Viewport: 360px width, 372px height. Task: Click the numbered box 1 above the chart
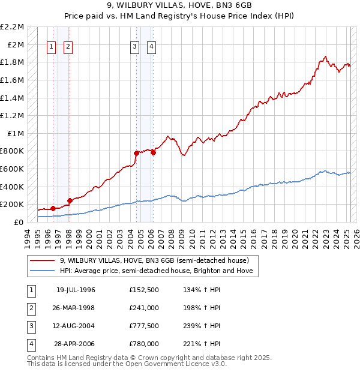pyautogui.click(x=51, y=47)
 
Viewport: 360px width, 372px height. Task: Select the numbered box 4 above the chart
pyautogui.click(x=152, y=47)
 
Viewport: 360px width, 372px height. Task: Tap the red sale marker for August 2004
pyautogui.click(x=136, y=153)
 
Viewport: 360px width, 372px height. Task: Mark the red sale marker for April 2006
pyautogui.click(x=154, y=152)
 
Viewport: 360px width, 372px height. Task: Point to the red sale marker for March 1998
pyautogui.click(x=70, y=200)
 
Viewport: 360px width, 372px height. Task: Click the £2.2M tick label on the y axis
pyautogui.click(x=13, y=27)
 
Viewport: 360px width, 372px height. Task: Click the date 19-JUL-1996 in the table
pyautogui.click(x=76, y=290)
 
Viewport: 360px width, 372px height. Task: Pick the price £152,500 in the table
pyautogui.click(x=144, y=290)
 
